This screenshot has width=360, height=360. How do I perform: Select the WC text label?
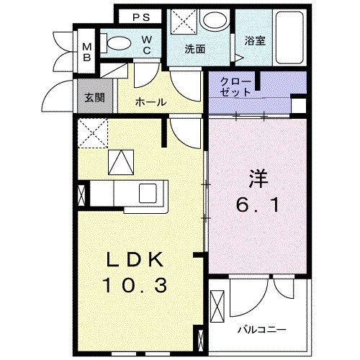pos(146,45)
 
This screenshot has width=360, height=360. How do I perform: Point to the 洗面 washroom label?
pos(194,50)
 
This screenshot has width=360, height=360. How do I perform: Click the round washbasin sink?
pos(213,21)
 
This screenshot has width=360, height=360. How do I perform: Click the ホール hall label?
pos(151,102)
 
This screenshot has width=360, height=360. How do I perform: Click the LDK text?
pos(138,260)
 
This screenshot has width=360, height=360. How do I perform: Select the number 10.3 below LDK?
pos(138,286)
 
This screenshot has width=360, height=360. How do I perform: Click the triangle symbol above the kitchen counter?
pos(121,162)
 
